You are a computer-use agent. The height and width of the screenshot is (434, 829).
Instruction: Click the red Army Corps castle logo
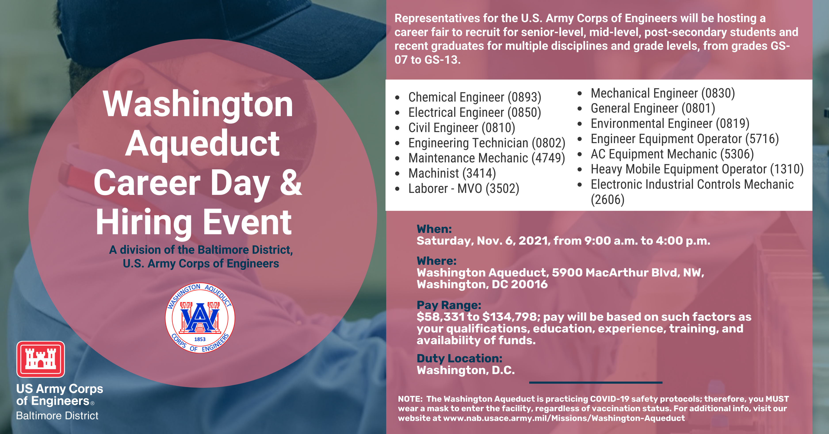tap(40, 359)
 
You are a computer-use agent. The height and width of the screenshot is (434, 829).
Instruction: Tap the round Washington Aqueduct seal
tap(200, 318)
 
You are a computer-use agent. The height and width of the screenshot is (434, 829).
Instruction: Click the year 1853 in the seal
tap(200, 339)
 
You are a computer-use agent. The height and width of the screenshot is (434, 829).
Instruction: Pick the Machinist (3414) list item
tap(452, 173)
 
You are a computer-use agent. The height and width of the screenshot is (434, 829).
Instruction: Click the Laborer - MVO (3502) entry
tap(464, 188)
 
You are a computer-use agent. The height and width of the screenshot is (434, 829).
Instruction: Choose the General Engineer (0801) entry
tap(653, 108)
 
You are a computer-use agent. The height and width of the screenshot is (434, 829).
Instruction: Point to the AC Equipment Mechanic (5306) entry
tap(672, 154)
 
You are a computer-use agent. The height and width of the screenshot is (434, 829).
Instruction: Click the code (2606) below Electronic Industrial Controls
tap(607, 200)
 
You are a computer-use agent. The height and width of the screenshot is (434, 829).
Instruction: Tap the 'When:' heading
tap(434, 229)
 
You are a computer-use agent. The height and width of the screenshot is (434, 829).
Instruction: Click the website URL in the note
tap(564, 418)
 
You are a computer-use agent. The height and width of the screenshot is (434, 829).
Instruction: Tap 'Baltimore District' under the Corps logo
tap(57, 416)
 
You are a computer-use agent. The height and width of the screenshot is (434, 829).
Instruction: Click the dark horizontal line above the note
tap(596, 382)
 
